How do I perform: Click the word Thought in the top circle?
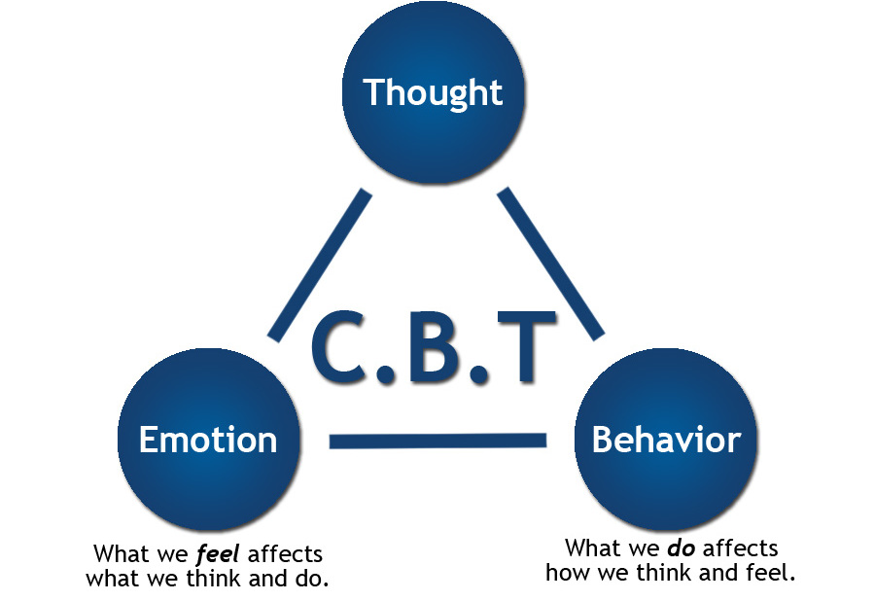click(433, 93)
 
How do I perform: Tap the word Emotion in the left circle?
click(207, 440)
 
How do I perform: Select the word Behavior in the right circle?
click(666, 440)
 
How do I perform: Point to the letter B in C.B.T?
click(436, 345)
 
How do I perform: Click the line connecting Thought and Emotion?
click(320, 265)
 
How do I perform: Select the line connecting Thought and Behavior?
click(551, 264)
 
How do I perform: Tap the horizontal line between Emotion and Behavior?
click(437, 441)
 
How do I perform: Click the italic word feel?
click(219, 554)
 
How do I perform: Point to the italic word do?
click(681, 548)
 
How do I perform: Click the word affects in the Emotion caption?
click(285, 554)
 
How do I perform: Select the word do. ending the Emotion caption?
click(310, 579)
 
